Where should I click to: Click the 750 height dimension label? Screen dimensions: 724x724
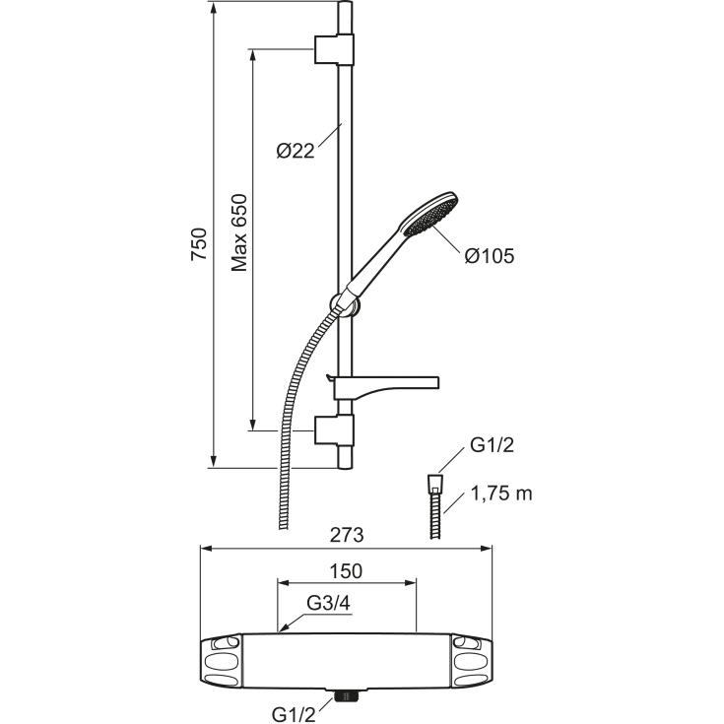point(199,244)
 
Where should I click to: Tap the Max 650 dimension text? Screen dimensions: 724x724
point(239,233)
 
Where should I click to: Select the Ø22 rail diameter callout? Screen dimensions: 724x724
point(296,151)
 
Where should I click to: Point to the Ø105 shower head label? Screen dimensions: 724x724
point(490,256)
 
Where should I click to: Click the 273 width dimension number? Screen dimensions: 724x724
point(347,535)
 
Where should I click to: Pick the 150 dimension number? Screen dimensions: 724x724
point(346,571)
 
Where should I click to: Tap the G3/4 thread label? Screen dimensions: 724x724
point(329,604)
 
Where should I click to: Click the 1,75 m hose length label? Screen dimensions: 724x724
point(501,494)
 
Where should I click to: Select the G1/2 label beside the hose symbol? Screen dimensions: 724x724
point(492,445)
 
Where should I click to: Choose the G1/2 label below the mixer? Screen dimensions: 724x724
point(294,714)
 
